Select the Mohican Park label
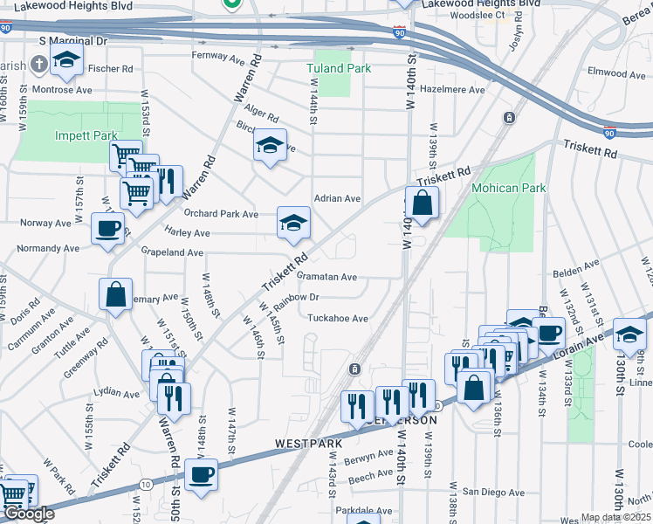pos(507,188)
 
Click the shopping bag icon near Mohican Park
pos(422,203)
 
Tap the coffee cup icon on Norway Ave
pos(108,228)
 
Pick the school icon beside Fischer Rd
pos(65,61)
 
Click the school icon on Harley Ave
pos(294,224)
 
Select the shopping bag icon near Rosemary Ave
pos(116,294)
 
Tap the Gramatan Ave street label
pos(326,277)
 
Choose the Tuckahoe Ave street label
pos(337,319)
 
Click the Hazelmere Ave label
pos(452,90)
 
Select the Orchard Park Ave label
pos(221,214)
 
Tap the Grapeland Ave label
pos(171,252)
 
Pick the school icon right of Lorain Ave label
pos(629,333)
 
